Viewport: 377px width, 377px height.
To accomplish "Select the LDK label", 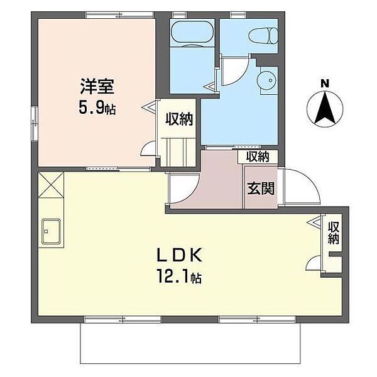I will point(179,256).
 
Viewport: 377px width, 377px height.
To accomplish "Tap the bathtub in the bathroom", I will point(192,32).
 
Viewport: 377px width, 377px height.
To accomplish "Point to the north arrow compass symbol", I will point(324,108).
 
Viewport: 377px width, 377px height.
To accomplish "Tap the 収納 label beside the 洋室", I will point(178,119).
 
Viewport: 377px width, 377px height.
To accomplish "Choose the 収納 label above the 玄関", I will point(257,156).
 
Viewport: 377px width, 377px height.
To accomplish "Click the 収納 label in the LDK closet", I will point(334,232).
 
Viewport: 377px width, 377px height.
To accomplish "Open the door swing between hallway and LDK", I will point(180,188).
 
